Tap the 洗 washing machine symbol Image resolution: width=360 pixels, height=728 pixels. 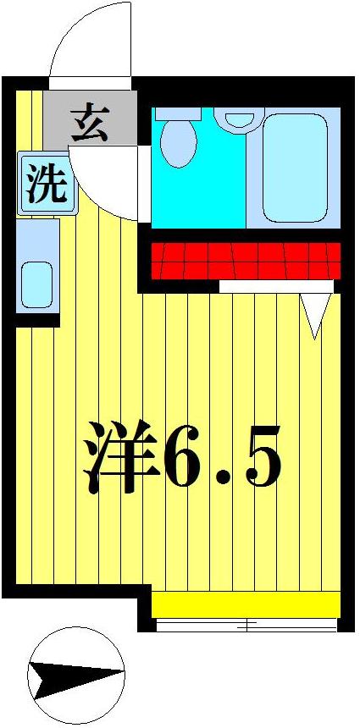(47, 184)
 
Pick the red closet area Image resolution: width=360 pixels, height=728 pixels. (246, 260)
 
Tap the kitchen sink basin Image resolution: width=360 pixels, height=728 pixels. (36, 284)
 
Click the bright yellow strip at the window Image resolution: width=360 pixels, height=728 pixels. (246, 604)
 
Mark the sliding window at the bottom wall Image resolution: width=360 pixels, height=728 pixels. (246, 626)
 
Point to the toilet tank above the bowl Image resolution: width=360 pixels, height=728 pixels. (178, 113)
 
